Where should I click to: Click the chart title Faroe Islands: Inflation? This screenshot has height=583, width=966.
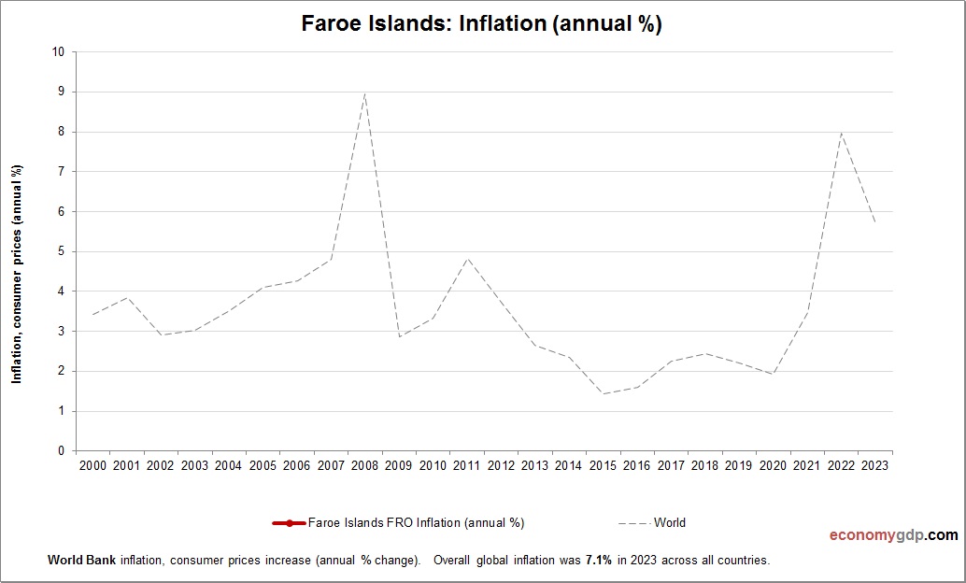pyautogui.click(x=481, y=23)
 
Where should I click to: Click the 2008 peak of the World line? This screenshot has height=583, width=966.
pyautogui.click(x=364, y=93)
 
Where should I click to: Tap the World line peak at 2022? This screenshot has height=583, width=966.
pyautogui.click(x=842, y=133)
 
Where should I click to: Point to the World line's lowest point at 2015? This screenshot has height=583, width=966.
pyautogui.click(x=604, y=393)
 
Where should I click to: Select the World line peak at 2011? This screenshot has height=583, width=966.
pyautogui.click(x=467, y=258)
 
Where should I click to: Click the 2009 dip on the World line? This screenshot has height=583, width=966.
pyautogui.click(x=399, y=336)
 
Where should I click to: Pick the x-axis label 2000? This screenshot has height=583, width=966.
pyautogui.click(x=92, y=465)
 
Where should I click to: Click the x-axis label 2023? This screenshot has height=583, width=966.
pyautogui.click(x=875, y=465)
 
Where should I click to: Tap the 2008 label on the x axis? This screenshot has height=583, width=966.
pyautogui.click(x=364, y=465)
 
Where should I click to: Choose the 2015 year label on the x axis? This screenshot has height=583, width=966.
pyautogui.click(x=604, y=465)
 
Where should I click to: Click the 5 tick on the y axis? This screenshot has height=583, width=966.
pyautogui.click(x=61, y=251)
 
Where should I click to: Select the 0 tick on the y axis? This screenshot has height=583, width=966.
pyautogui.click(x=61, y=451)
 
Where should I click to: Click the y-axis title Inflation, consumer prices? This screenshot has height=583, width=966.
pyautogui.click(x=17, y=274)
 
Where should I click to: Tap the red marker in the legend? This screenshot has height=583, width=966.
pyautogui.click(x=290, y=523)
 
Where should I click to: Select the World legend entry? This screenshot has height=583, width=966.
pyautogui.click(x=669, y=523)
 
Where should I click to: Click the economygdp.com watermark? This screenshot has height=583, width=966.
pyautogui.click(x=893, y=535)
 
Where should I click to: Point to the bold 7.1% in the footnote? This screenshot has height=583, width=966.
pyautogui.click(x=598, y=561)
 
